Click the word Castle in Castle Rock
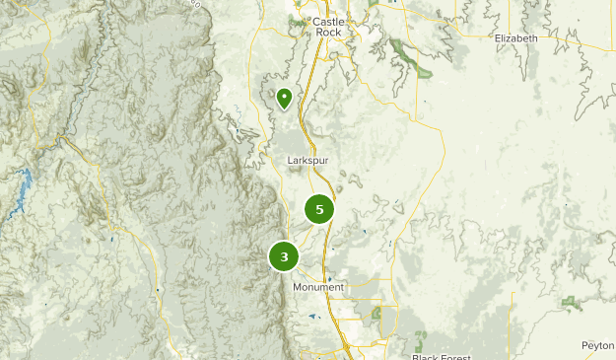(x=327, y=21)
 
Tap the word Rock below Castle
(x=327, y=33)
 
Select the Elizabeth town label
(x=516, y=38)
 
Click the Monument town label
(x=318, y=287)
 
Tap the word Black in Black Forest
(x=425, y=356)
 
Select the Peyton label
(x=597, y=346)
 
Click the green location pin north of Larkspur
(x=284, y=98)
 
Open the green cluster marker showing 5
(x=318, y=209)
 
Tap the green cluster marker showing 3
(x=284, y=256)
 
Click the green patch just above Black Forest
(x=422, y=341)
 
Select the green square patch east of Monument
(x=376, y=313)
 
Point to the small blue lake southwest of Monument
(x=312, y=317)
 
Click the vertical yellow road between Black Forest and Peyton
(x=512, y=325)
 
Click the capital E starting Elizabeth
(x=498, y=38)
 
